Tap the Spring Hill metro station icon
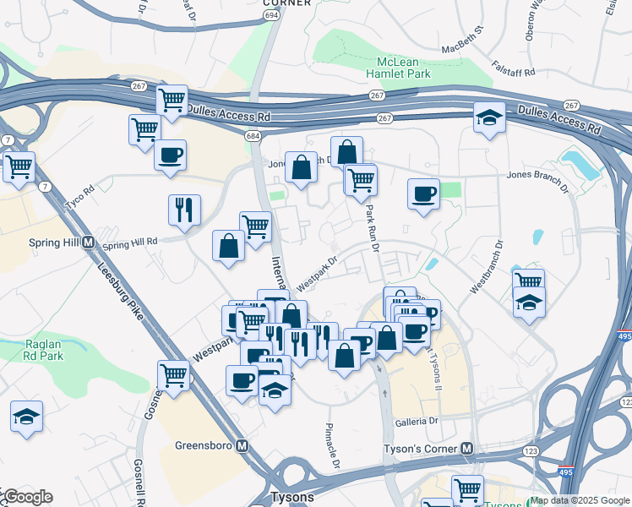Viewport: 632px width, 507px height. pyautogui.click(x=87, y=242)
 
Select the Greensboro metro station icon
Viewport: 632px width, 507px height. pyautogui.click(x=242, y=445)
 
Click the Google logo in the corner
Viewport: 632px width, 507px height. pyautogui.click(x=27, y=497)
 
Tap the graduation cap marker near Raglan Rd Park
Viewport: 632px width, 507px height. pyautogui.click(x=26, y=417)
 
